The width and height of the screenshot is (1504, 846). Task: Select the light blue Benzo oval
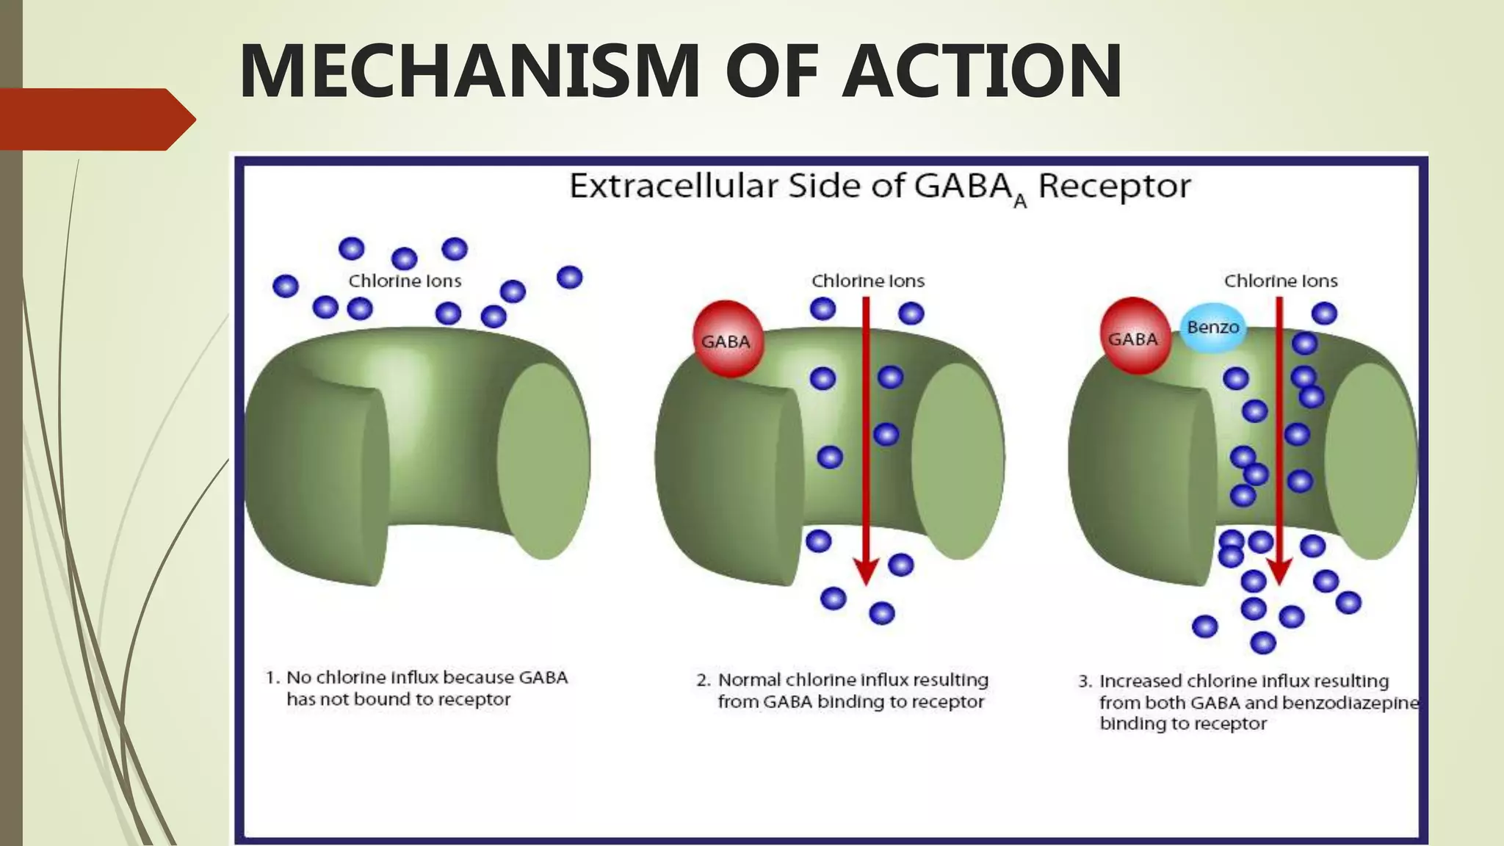(x=1212, y=328)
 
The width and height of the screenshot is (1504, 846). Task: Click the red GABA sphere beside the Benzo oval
(x=1133, y=337)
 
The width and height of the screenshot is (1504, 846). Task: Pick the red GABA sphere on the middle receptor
(x=726, y=340)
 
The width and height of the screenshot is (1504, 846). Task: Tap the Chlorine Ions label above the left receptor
(x=405, y=281)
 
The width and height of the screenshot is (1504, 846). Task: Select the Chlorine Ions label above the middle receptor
(x=867, y=281)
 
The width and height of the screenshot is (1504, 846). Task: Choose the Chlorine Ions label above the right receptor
(x=1280, y=281)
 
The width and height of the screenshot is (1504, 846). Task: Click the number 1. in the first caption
(x=272, y=678)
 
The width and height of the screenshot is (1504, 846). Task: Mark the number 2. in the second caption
(x=704, y=681)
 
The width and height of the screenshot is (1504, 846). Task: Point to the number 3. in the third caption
(x=1085, y=681)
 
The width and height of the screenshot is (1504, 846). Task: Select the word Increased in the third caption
(x=1140, y=681)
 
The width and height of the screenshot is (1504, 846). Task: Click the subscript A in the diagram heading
(x=1020, y=201)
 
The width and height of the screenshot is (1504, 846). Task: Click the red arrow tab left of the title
(x=95, y=119)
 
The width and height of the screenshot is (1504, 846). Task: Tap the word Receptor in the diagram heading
(x=1113, y=186)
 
